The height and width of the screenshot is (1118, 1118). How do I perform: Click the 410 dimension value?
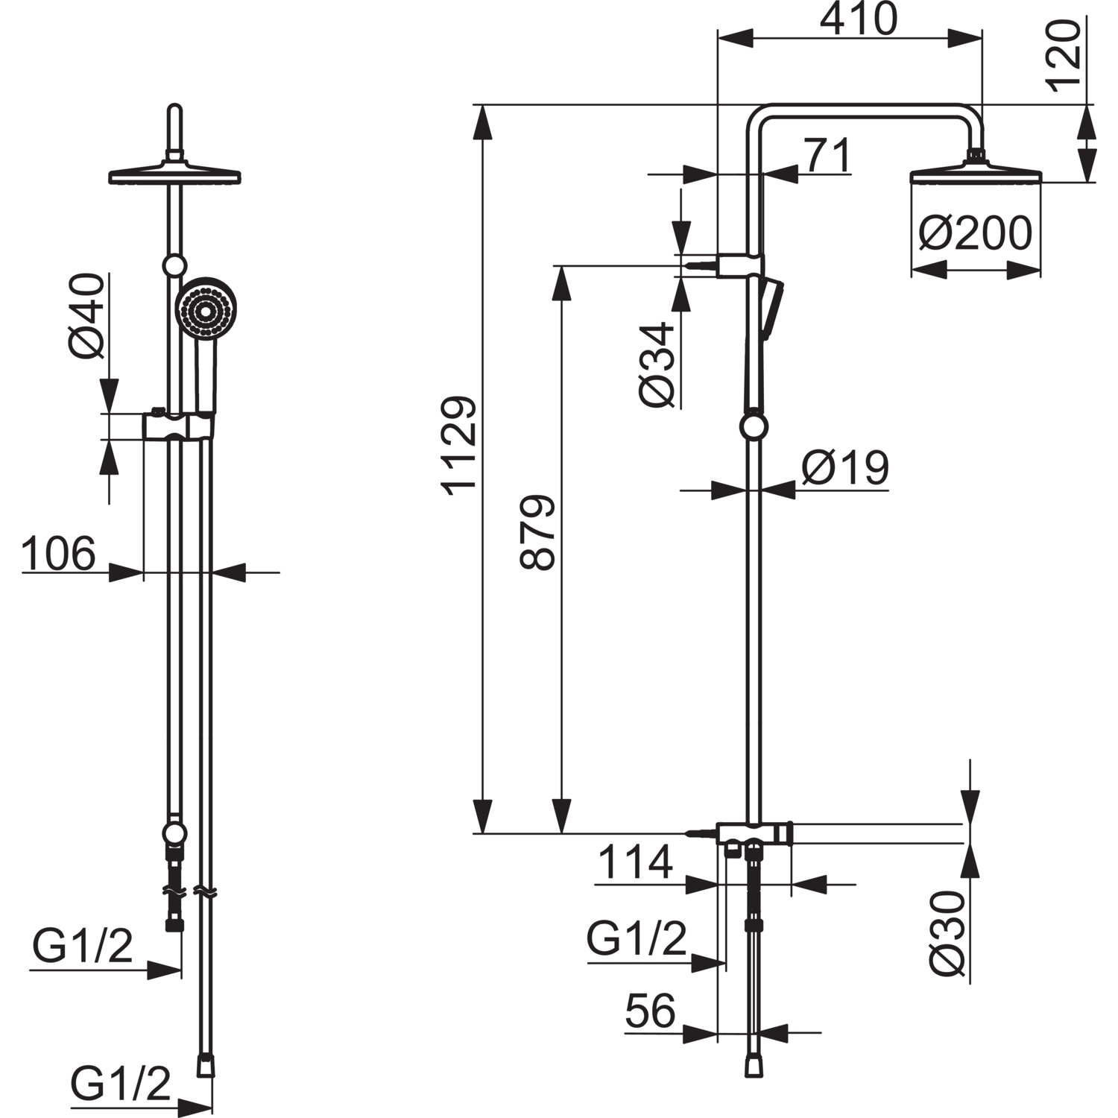[859, 20]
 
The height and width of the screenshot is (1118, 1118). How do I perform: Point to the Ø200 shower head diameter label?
[975, 234]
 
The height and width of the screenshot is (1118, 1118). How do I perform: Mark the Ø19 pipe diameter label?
[845, 468]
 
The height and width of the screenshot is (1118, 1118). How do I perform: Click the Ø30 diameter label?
[948, 932]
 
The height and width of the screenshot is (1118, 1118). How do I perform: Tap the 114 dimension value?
[636, 862]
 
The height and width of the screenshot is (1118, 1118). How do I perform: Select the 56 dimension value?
[651, 1011]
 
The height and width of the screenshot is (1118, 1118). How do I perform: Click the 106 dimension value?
[59, 553]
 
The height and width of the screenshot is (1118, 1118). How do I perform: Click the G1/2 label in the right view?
[636, 939]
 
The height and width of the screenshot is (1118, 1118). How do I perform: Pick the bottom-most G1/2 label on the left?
[121, 1084]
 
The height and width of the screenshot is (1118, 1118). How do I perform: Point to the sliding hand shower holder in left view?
[180, 425]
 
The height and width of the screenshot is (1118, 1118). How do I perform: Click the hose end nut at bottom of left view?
[206, 1064]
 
